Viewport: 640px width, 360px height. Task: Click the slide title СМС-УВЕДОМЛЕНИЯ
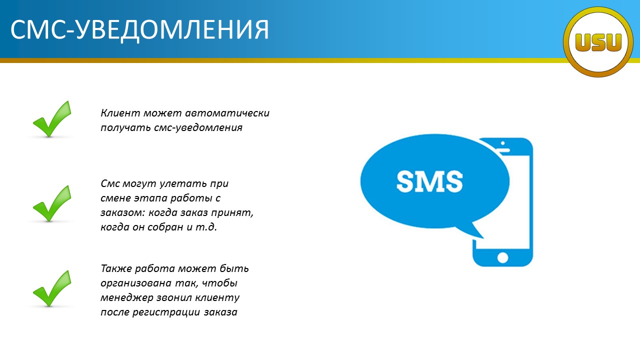click(x=139, y=30)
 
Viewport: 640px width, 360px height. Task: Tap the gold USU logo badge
click(x=598, y=42)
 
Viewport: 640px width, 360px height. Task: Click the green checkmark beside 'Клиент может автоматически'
click(x=52, y=119)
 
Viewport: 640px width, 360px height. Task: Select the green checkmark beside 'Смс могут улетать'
click(x=52, y=203)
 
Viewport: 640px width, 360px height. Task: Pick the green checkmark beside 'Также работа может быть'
click(x=52, y=288)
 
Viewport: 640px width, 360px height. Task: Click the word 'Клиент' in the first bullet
click(x=120, y=113)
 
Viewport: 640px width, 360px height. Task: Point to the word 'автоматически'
click(x=227, y=113)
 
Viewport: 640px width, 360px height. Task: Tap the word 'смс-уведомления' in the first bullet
click(x=198, y=127)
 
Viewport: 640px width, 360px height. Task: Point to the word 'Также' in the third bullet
click(x=116, y=268)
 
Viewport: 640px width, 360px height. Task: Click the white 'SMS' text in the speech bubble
click(x=429, y=181)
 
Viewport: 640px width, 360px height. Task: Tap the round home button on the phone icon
click(x=502, y=257)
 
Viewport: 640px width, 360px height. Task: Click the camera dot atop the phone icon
click(x=503, y=143)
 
